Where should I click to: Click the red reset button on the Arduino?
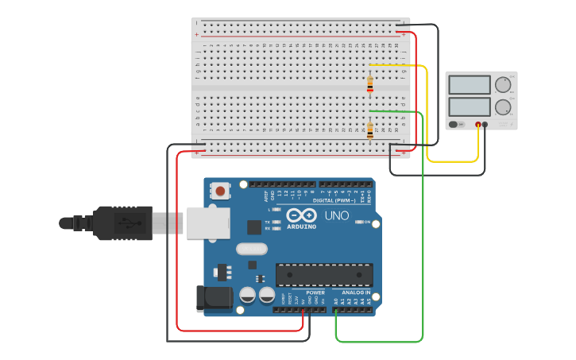(220, 191)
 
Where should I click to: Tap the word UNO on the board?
(336, 215)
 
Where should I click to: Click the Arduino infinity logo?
(301, 215)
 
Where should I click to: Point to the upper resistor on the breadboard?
(370, 83)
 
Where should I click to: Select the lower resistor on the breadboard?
(370, 129)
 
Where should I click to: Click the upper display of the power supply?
(470, 84)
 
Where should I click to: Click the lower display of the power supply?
(470, 106)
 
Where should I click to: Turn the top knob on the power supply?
(503, 84)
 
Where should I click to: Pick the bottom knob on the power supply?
(503, 107)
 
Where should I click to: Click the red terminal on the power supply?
(478, 125)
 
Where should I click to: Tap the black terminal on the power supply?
(485, 125)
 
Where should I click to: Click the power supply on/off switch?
(454, 125)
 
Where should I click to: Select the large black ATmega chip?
(324, 274)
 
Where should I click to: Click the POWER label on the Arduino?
(315, 292)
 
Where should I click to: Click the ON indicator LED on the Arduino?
(358, 223)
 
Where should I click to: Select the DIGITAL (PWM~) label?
(334, 200)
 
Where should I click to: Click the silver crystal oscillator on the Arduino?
(251, 248)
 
